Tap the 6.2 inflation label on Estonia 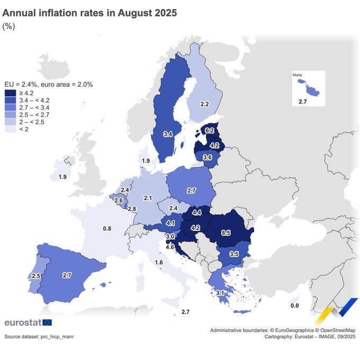tap(209, 130)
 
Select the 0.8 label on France tap(107, 229)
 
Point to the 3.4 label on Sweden tap(167, 134)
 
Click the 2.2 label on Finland tap(204, 104)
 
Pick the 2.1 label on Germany tap(148, 198)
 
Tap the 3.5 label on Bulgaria tap(234, 254)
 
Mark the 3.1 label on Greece tap(221, 293)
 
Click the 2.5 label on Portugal tap(36, 276)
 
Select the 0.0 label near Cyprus tap(295, 305)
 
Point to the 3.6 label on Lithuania tap(208, 157)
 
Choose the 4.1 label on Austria tap(171, 223)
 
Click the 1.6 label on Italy tap(159, 263)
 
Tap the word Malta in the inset tap(297, 75)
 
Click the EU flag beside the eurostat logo tap(47, 322)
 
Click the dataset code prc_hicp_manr tap(59, 337)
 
